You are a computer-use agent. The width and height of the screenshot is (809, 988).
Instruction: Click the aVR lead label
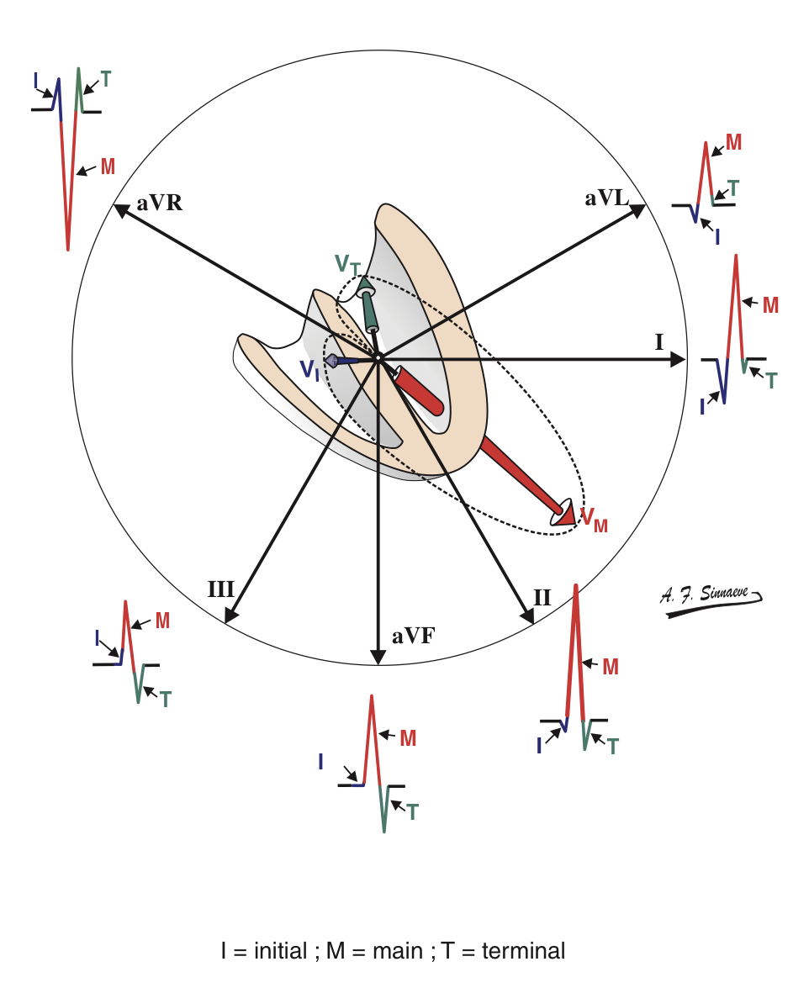pos(160,203)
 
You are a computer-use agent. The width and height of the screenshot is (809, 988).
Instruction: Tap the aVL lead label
pos(606,198)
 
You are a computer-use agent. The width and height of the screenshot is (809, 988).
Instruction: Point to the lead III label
pos(220,589)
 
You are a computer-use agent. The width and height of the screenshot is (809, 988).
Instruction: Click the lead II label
pos(542,598)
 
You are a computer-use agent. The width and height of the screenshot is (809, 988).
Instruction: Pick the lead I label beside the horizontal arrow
pos(659,341)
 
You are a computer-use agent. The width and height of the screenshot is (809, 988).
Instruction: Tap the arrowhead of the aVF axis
pos(378,657)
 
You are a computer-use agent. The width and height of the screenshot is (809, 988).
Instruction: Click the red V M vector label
pos(593,520)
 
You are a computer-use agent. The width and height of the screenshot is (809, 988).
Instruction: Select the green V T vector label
pos(347,265)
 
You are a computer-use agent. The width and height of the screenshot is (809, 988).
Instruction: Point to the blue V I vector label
pos(309,370)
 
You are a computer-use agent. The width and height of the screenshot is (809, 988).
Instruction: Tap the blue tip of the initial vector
pos(331,361)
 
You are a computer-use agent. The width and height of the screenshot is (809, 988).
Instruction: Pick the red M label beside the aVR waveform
pos(108,166)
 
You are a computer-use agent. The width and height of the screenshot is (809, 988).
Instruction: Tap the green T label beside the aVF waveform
pos(412,811)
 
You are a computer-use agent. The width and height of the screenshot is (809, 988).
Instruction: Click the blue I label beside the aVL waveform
pos(716,237)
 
